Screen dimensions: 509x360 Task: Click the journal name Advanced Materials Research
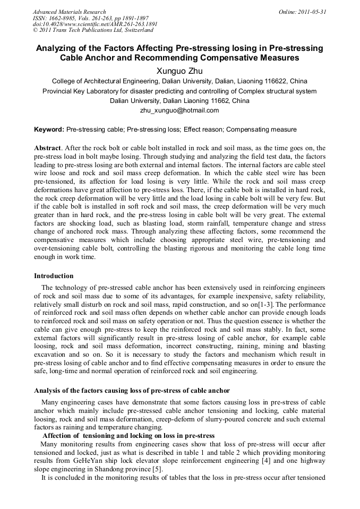tap(69, 12)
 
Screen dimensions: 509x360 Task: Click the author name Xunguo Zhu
tap(179, 70)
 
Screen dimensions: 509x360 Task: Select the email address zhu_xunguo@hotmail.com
tap(179, 110)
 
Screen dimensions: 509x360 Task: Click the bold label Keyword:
tap(49, 130)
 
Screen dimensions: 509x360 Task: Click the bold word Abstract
tap(47, 148)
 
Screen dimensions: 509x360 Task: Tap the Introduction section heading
tap(54, 276)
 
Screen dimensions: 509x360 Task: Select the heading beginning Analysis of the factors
tap(132, 391)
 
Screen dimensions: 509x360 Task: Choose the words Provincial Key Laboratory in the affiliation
tap(80, 91)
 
